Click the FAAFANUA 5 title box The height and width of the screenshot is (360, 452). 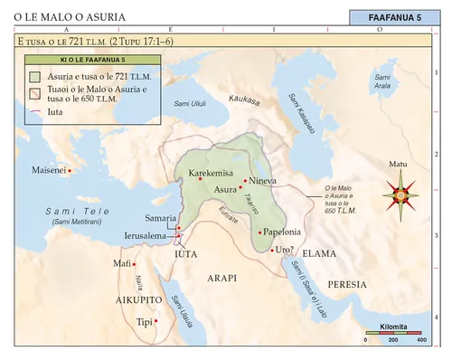tap(394, 17)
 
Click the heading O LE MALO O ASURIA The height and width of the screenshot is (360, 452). tap(70, 17)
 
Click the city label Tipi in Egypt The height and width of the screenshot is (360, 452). tap(143, 321)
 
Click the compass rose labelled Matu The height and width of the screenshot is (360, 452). tap(399, 192)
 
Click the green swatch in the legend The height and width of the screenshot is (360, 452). tap(34, 77)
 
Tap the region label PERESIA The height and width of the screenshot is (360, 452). tap(347, 283)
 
